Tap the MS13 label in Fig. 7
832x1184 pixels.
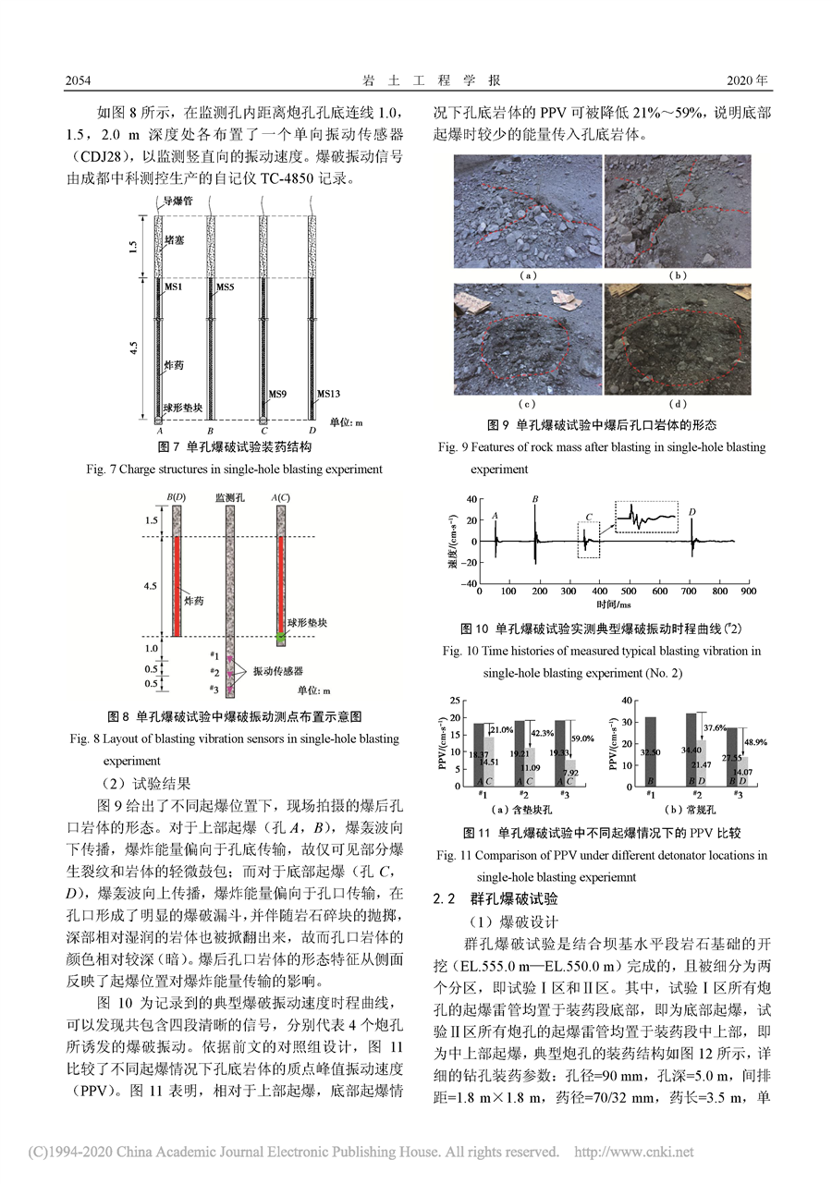coord(328,393)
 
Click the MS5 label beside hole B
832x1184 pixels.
coord(226,288)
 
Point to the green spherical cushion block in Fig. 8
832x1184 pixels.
coord(281,637)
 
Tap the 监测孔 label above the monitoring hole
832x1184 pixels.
coord(227,497)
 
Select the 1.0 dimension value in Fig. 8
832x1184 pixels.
coord(150,648)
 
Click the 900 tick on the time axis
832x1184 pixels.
coord(749,590)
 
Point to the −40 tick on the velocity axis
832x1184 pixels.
coord(470,582)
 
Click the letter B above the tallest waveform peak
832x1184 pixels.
coord(535,499)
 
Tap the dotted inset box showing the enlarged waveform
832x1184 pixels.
coord(646,516)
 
